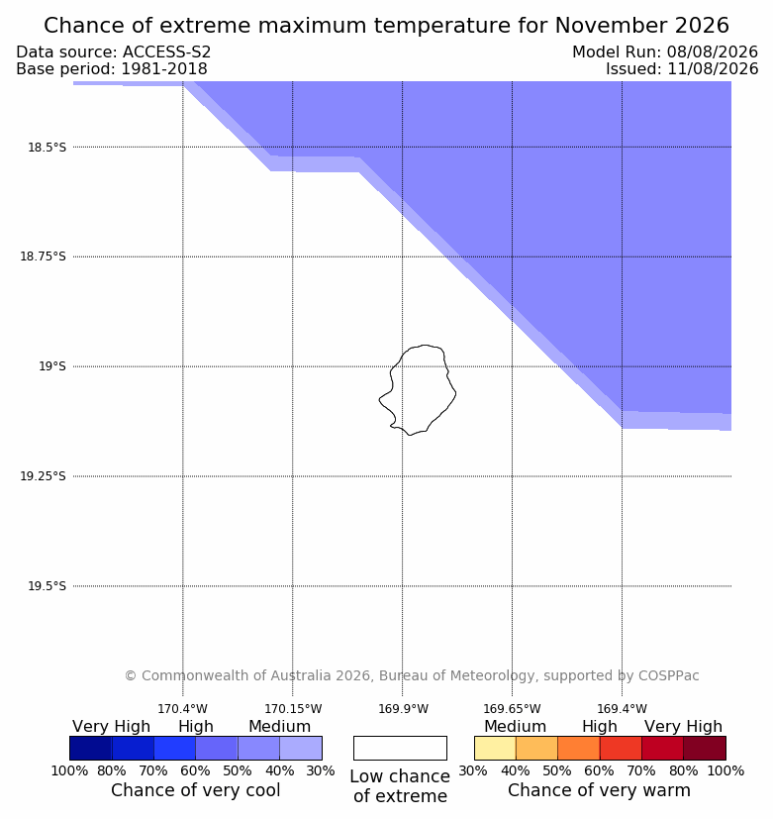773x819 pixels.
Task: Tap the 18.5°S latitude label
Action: point(47,148)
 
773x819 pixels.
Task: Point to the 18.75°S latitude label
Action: point(43,256)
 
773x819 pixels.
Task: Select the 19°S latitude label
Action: point(52,366)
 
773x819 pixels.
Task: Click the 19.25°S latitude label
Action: point(43,475)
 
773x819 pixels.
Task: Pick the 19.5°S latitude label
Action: point(47,586)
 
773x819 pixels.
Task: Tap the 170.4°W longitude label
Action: point(183,709)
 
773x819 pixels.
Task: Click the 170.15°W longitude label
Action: point(293,709)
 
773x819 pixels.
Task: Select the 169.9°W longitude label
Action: point(403,709)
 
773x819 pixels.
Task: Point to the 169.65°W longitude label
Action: point(512,709)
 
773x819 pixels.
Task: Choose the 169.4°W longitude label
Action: point(623,709)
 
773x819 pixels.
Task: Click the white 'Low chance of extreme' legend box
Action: point(400,748)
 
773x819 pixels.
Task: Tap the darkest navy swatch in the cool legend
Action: point(91,748)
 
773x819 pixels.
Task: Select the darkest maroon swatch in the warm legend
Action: point(705,748)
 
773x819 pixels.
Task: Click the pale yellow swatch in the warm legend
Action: point(495,748)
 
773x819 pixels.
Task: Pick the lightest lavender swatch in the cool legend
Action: point(301,748)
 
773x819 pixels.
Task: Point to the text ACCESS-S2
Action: point(166,51)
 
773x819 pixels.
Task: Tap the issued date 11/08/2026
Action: point(713,68)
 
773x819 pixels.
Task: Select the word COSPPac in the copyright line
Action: point(669,675)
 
